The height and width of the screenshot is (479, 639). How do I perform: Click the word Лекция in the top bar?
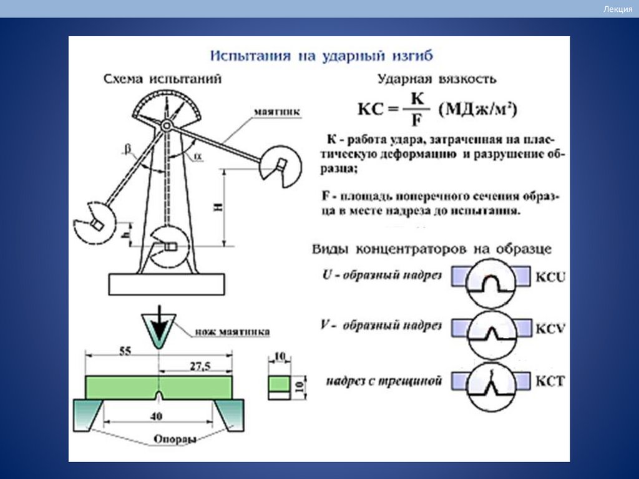[x=618, y=9]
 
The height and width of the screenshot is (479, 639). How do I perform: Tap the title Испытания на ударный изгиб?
[x=321, y=56]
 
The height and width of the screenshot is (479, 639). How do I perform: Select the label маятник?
[x=277, y=112]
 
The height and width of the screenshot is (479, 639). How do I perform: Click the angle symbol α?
[x=198, y=156]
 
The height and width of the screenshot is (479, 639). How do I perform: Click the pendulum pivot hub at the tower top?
[x=166, y=125]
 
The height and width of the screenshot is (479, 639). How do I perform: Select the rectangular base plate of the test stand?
[x=166, y=284]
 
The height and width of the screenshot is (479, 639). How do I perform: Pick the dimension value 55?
[x=125, y=352]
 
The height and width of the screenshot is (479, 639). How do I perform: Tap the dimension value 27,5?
[x=200, y=366]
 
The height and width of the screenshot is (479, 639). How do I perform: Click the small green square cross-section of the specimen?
[x=279, y=382]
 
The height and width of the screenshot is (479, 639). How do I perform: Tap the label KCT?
[x=550, y=380]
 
